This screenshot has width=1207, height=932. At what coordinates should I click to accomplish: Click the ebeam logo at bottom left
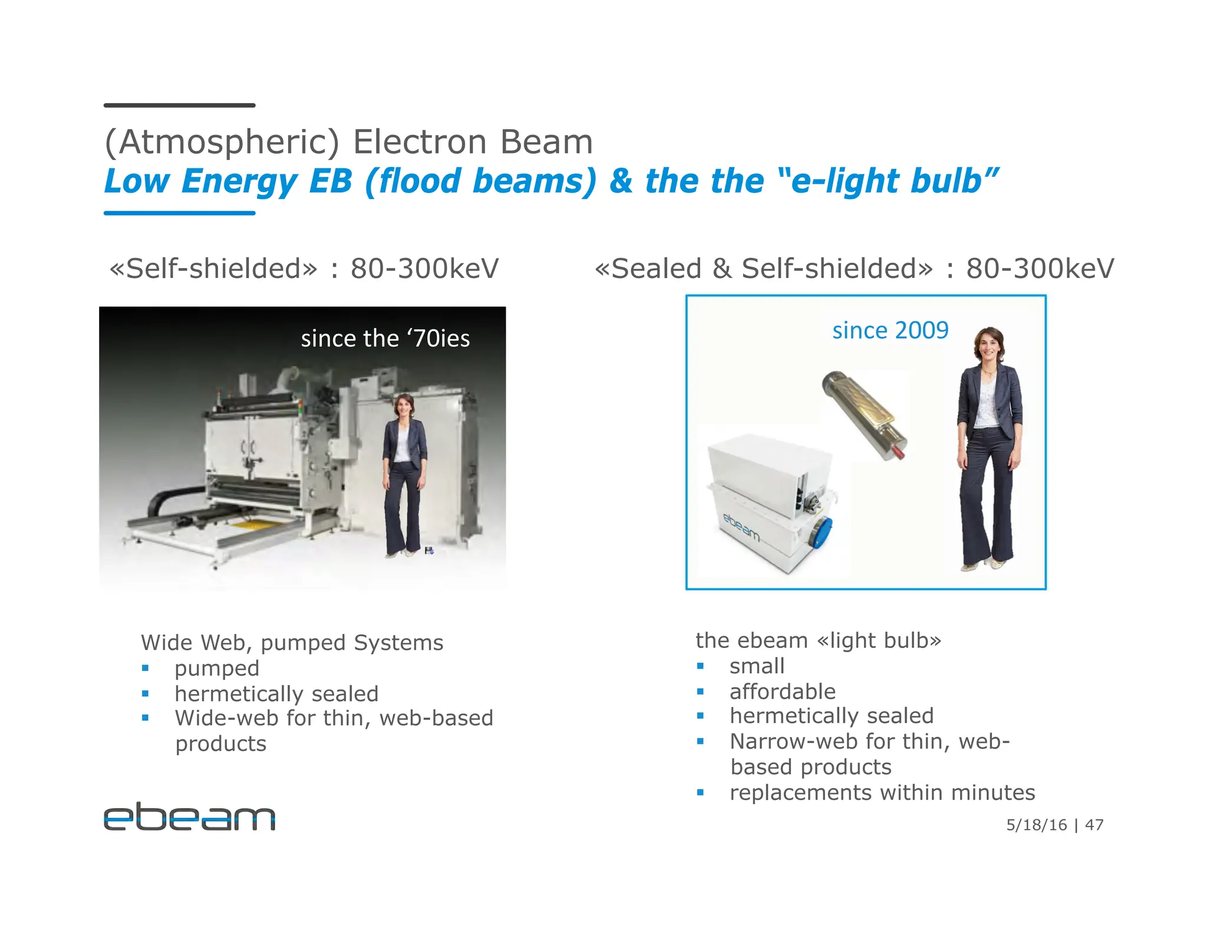click(x=189, y=817)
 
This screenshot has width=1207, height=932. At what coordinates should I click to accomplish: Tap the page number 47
click(x=1094, y=825)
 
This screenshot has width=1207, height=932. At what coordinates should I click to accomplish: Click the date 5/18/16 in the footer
click(x=1036, y=825)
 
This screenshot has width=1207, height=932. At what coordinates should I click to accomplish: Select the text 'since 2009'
click(x=890, y=331)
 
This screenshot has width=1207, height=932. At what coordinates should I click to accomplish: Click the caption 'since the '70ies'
click(x=385, y=339)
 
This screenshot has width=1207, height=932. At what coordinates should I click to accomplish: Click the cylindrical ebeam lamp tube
click(x=863, y=415)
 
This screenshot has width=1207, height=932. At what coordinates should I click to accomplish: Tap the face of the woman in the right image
click(x=990, y=346)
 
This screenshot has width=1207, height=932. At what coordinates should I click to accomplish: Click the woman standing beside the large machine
click(x=404, y=471)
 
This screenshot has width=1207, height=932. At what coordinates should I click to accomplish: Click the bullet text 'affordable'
click(x=782, y=691)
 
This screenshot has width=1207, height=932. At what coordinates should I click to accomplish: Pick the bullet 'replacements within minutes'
click(x=882, y=792)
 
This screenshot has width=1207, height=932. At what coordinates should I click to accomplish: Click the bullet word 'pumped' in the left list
click(x=217, y=668)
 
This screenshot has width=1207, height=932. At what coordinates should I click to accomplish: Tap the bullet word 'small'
click(x=757, y=666)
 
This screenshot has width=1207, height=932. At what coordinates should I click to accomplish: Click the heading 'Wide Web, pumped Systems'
click(x=292, y=642)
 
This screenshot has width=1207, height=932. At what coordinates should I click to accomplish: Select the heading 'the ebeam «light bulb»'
click(x=818, y=640)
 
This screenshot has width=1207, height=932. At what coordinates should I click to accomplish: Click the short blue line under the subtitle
click(x=179, y=213)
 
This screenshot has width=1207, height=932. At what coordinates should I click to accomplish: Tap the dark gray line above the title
click(x=179, y=105)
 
